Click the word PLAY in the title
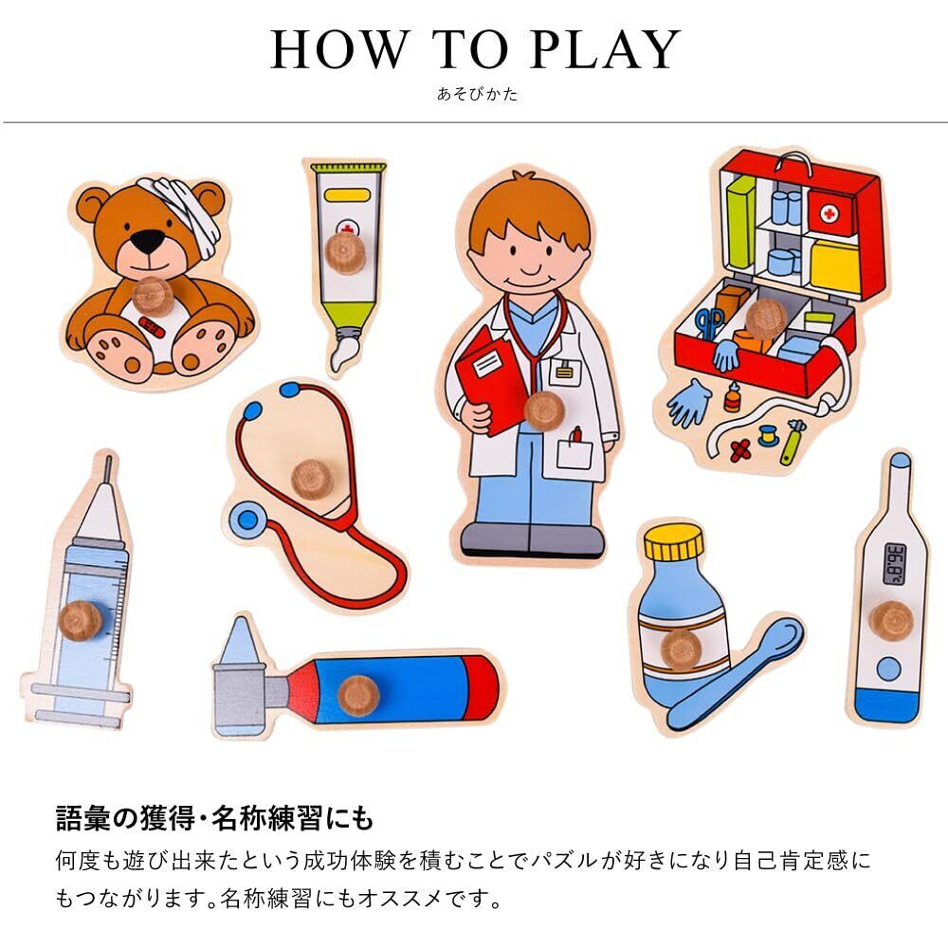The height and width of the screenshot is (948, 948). pos(605,49)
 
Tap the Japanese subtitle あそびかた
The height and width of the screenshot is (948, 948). pos(478,94)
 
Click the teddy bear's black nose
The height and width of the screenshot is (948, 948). pos(148,241)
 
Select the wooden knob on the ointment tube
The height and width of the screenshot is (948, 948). pos(345,254)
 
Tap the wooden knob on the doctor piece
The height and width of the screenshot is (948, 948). pos(544,411)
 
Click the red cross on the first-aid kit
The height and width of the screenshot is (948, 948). pos(829,212)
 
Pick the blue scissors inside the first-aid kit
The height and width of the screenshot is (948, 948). pos(708,323)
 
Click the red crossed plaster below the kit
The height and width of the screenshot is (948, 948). pos(740,449)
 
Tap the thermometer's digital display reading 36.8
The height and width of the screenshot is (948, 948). pos(896,564)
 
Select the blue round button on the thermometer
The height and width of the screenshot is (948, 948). pos(888,668)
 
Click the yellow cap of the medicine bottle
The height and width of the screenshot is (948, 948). pos(674,542)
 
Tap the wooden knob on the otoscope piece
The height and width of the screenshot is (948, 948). pos(358,695)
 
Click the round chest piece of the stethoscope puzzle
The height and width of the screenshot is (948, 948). pos(247,520)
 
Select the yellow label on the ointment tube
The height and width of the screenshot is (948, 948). pos(346,195)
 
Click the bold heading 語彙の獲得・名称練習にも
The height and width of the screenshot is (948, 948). pos(214,818)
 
